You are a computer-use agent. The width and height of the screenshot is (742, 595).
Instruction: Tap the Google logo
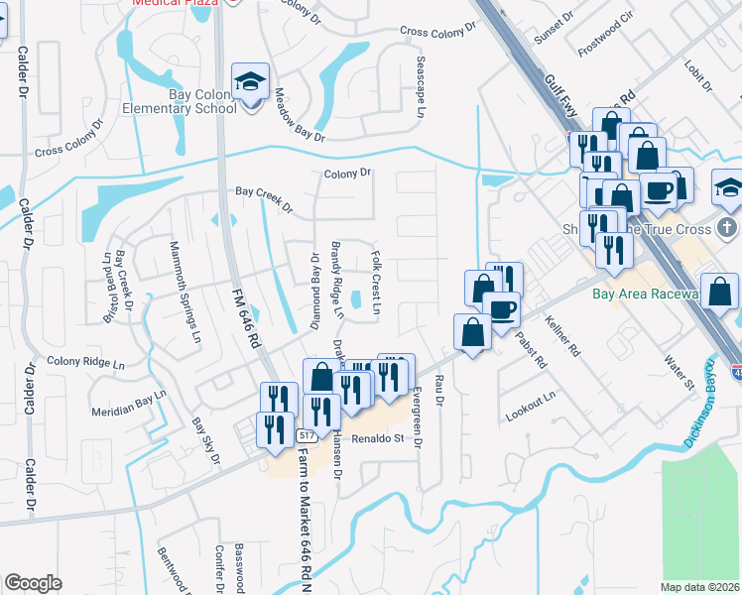tap(33, 583)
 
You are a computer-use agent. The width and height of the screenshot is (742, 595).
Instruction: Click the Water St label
tap(678, 373)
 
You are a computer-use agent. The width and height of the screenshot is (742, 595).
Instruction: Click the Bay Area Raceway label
tap(664, 295)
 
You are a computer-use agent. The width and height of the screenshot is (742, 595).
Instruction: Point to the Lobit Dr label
tap(698, 75)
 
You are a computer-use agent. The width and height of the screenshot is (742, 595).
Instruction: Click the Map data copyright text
tap(700, 587)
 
